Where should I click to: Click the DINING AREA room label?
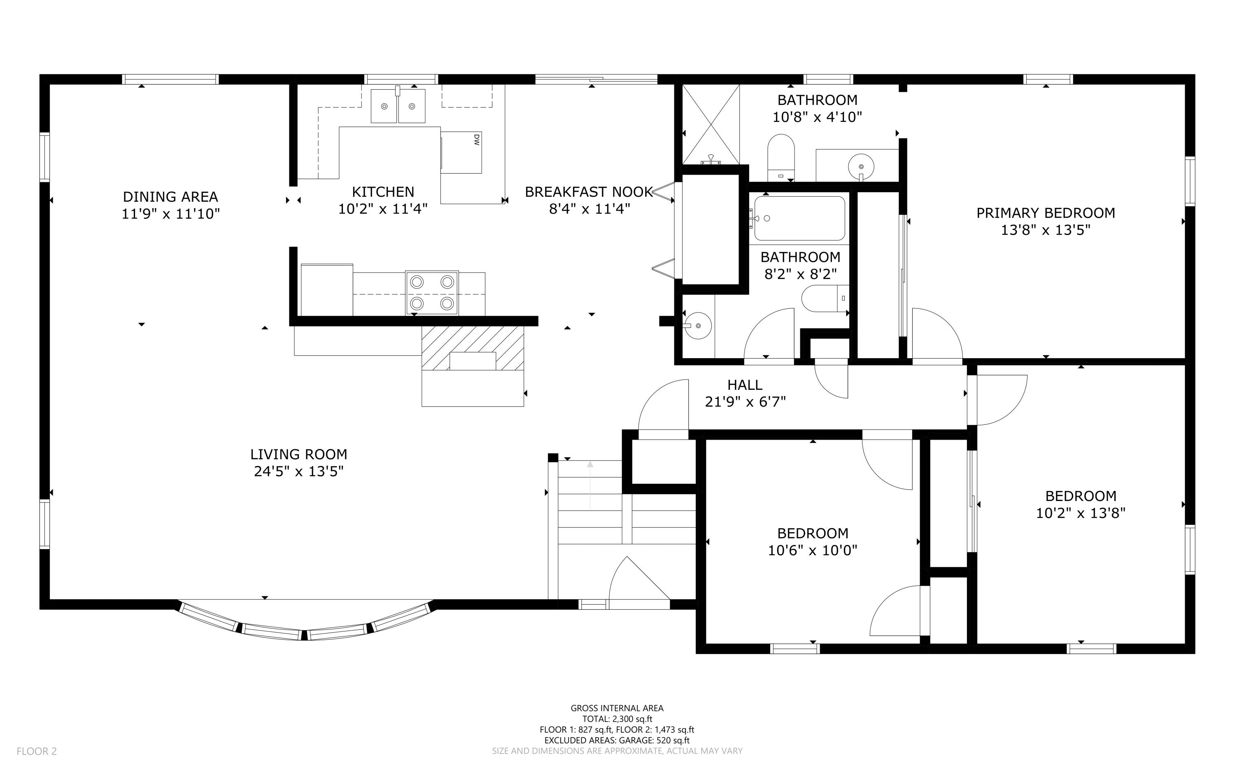tap(170, 196)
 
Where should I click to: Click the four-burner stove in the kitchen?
tap(432, 293)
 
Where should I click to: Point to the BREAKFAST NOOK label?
tap(589, 192)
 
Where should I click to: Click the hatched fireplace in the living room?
tap(473, 348)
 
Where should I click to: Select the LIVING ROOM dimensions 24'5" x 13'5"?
tap(299, 471)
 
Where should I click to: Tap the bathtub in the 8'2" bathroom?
tap(799, 218)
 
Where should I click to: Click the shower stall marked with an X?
tap(711, 124)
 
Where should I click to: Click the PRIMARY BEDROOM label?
tap(1045, 213)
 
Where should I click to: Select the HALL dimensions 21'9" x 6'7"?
tap(745, 402)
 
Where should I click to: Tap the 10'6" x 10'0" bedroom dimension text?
tap(813, 550)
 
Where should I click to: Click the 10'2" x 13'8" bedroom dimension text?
tap(1081, 513)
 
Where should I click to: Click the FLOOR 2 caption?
tap(37, 751)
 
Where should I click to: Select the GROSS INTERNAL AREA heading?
tap(617, 708)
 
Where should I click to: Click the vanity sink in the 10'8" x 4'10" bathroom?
tap(861, 167)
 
